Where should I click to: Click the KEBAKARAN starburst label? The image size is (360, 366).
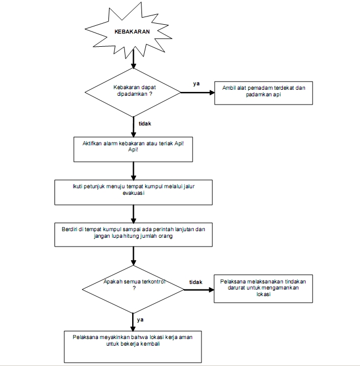click(x=132, y=31)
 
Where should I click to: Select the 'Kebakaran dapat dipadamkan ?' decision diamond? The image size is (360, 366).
click(x=133, y=92)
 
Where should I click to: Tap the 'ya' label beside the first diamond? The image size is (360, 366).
click(x=197, y=84)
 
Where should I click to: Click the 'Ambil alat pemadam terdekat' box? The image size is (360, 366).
click(x=264, y=93)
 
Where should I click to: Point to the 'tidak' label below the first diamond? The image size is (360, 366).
click(x=145, y=123)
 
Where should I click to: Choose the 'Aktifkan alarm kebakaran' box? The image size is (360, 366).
click(x=133, y=149)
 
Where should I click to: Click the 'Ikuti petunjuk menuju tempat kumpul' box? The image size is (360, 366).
click(x=134, y=192)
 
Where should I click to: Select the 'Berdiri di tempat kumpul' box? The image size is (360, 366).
click(x=134, y=234)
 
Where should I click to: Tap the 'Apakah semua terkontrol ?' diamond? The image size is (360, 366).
click(x=133, y=289)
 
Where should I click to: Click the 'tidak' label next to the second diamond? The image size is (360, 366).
click(x=195, y=282)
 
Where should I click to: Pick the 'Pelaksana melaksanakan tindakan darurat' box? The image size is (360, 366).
click(x=263, y=289)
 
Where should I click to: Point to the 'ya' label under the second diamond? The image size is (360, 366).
click(x=140, y=320)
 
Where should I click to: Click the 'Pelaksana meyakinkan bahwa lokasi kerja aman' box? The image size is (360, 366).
click(x=133, y=347)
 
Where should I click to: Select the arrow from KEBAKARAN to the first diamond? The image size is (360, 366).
click(x=134, y=59)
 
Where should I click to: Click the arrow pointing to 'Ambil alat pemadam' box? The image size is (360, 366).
click(x=198, y=92)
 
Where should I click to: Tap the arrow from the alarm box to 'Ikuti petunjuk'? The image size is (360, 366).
click(x=134, y=171)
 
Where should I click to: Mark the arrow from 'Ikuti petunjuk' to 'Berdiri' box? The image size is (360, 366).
click(x=134, y=214)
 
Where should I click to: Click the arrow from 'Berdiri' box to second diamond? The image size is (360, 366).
click(x=134, y=256)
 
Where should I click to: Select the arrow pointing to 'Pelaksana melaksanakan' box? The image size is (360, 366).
click(x=199, y=290)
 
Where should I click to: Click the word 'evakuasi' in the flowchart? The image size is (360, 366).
click(x=134, y=193)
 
